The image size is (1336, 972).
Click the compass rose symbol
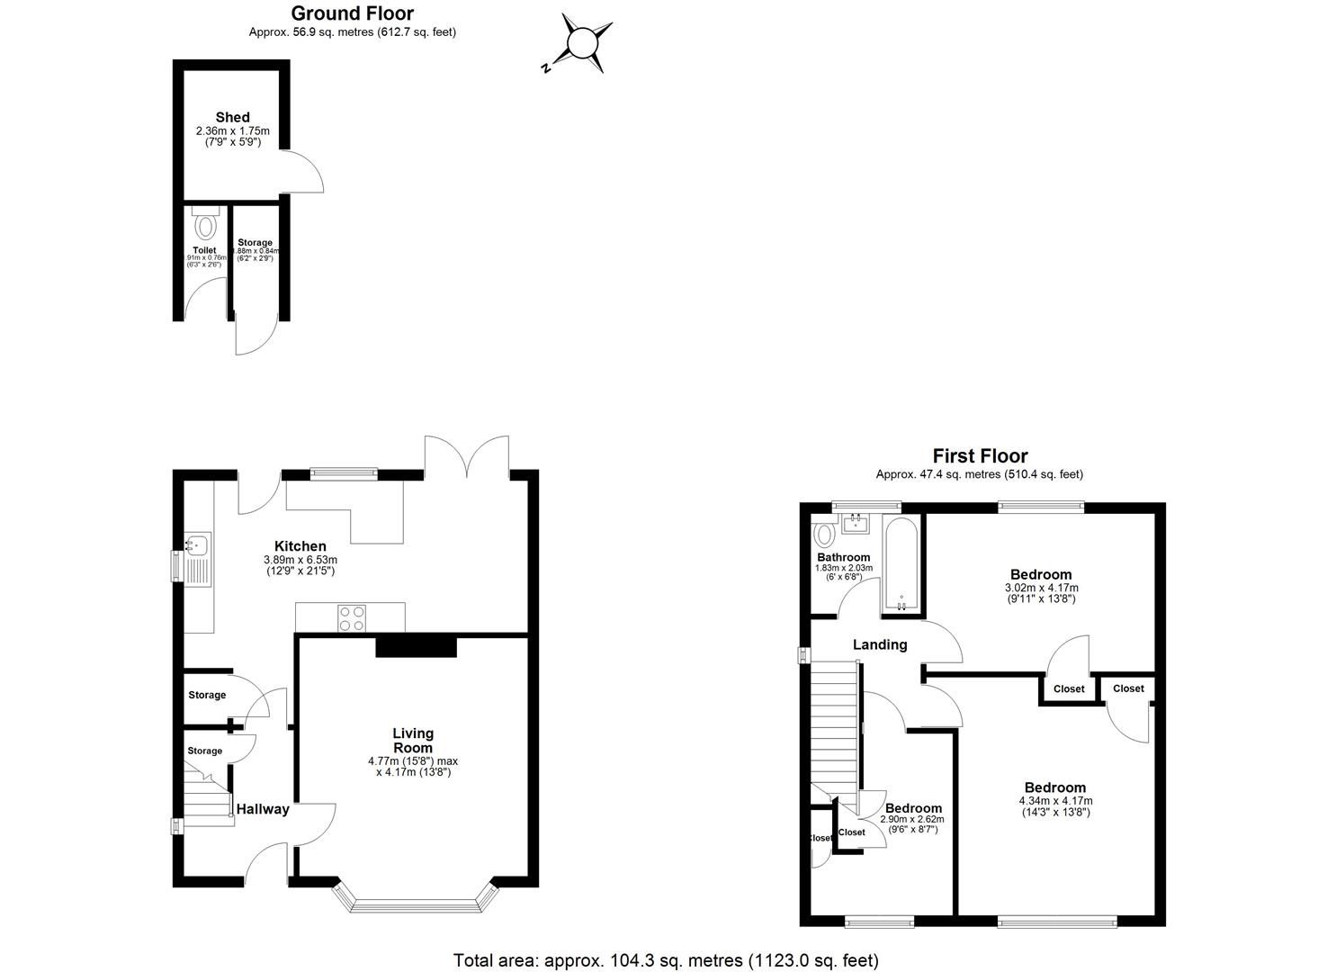[x=581, y=42]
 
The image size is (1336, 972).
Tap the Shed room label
[x=232, y=117]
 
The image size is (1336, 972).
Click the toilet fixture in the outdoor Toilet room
[x=206, y=224]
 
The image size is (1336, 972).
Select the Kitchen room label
[x=300, y=546]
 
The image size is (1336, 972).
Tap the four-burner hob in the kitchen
[x=352, y=617]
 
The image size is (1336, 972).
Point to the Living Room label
[x=413, y=740]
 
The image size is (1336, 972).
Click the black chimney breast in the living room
[x=416, y=645]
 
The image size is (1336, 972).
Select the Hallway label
[x=263, y=809]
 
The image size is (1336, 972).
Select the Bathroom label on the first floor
[x=843, y=557]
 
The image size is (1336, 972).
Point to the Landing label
[x=879, y=644]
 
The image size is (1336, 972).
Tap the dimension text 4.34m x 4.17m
[x=1055, y=800]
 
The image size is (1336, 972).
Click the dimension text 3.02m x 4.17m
[x=1040, y=588]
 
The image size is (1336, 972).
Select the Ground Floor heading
[x=352, y=13]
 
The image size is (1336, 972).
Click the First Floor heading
[x=980, y=456]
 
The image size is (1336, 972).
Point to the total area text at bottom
[x=666, y=960]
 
